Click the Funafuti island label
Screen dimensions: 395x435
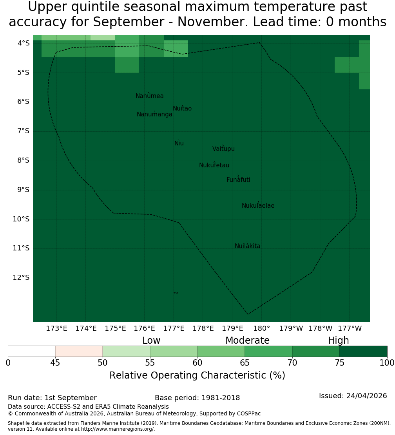238,180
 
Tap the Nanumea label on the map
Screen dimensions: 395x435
150,96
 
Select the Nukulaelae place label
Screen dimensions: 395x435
258,206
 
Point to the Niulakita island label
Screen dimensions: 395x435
247,246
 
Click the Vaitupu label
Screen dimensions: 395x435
224,149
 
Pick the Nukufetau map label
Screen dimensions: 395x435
214,165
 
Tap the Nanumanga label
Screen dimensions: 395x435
154,114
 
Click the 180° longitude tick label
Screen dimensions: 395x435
262,328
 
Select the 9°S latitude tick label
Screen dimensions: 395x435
23,190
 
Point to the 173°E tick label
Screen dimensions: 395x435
56,328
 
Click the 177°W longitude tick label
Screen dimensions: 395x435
350,328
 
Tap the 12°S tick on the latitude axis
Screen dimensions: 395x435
21,277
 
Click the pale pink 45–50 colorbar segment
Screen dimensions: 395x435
79,351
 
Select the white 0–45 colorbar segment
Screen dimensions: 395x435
32,351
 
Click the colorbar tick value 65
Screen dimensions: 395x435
245,363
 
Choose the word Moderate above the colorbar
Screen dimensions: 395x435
247,341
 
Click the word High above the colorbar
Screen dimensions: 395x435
339,341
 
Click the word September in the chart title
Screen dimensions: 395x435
129,22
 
